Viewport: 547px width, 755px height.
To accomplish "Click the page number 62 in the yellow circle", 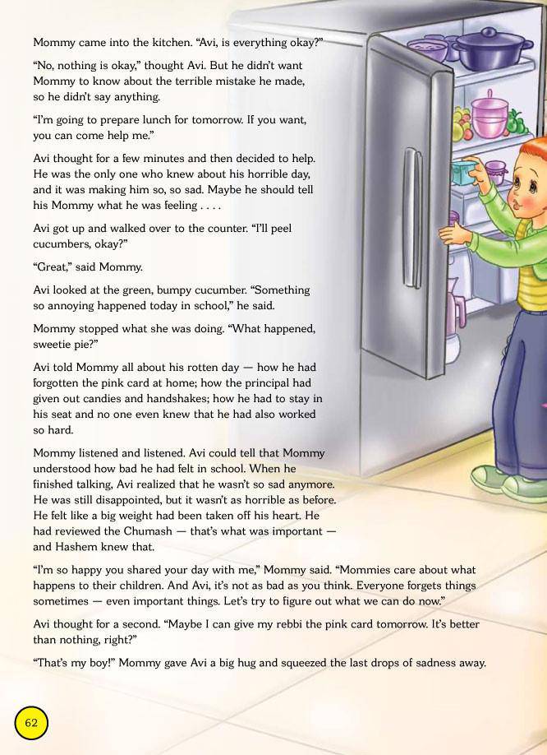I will coord(31,723).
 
